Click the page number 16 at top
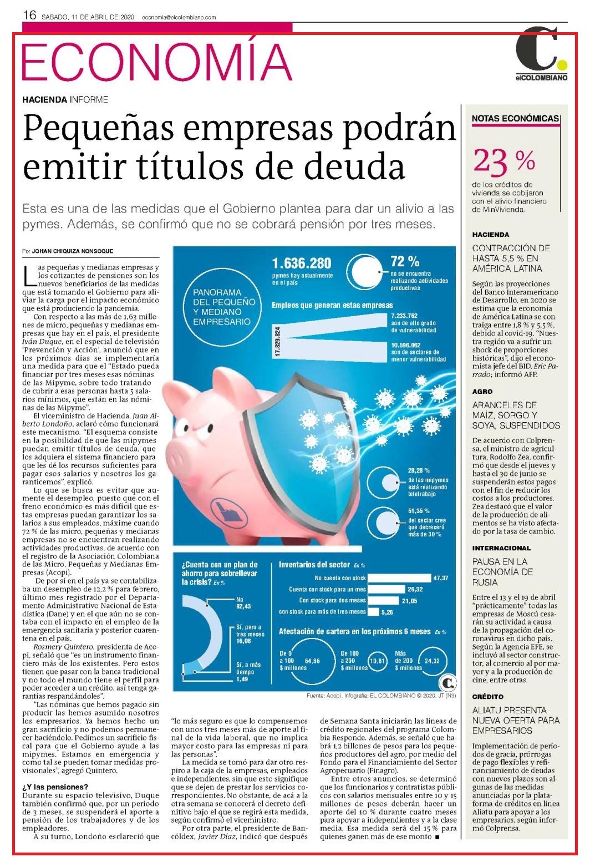pos(29,15)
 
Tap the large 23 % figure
pos(504,161)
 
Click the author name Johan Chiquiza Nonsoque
pos(72,251)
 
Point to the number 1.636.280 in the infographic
pos(302,263)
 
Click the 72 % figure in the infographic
pos(405,261)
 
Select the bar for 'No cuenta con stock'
pos(399,577)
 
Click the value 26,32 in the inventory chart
pos(415,589)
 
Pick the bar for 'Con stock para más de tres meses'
pos(373,611)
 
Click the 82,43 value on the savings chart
pos(243,606)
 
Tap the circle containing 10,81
pos(377,661)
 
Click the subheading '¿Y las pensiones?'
pos(55,787)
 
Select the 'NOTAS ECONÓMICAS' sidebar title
pos(515,119)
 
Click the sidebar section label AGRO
pos(482,392)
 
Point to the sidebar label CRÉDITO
pos(487,697)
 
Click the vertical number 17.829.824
pos(278,342)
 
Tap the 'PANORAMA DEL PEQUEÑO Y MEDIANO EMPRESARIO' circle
pos(222,307)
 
